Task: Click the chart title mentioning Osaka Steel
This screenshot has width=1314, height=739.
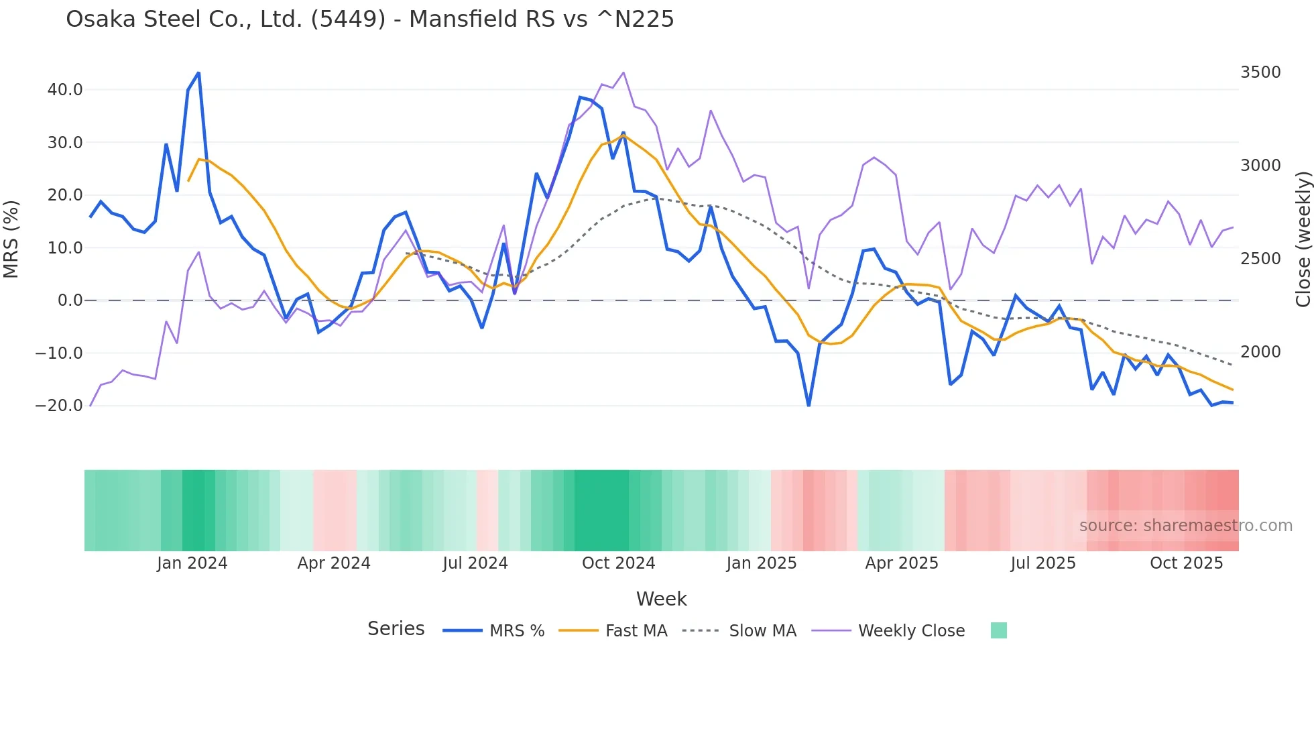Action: pos(369,19)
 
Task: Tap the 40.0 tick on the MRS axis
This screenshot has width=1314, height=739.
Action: pos(65,90)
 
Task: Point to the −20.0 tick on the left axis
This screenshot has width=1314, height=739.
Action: pos(59,406)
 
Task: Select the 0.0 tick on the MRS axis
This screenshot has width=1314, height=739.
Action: pos(70,300)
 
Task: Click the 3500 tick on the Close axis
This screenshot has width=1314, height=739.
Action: pos(1260,72)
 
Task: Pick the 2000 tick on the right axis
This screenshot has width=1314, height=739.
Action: pos(1260,352)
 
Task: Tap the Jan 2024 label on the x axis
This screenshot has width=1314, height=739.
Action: pos(192,563)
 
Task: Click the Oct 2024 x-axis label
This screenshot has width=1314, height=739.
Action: pos(618,563)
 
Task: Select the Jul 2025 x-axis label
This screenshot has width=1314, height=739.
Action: pos(1043,563)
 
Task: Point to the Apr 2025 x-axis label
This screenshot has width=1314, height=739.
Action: pos(902,563)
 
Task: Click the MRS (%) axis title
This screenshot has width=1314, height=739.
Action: pos(11,239)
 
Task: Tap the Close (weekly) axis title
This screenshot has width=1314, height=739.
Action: pos(1303,239)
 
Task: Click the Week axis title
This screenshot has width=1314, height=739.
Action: pos(661,599)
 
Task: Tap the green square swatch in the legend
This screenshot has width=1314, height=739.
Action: pos(999,630)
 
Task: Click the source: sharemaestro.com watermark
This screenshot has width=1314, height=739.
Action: pos(1185,526)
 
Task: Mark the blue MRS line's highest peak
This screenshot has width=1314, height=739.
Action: pos(198,73)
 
